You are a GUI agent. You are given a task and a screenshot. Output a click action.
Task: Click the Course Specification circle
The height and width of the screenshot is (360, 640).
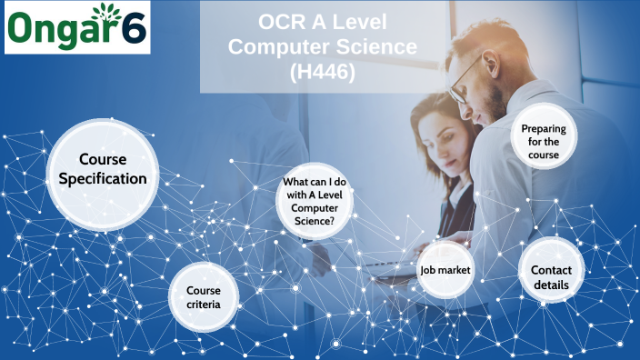point(102,169)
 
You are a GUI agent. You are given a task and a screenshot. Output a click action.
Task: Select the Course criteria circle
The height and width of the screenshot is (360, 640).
point(205,296)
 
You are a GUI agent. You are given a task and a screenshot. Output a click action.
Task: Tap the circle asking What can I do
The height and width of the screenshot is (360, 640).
point(314,201)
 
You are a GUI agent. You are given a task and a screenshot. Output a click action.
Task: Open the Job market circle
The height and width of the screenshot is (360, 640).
point(445,270)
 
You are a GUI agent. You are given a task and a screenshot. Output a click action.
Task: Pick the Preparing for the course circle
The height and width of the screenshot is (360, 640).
point(544,142)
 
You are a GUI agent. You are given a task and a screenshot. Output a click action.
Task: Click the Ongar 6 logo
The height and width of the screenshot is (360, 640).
point(76,28)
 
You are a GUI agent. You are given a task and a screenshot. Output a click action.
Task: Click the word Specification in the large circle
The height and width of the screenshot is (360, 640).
point(103,178)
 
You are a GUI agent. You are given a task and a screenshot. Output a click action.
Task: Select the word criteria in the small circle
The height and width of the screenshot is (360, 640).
point(204,304)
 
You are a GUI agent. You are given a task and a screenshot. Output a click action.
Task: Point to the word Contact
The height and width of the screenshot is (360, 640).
point(551,270)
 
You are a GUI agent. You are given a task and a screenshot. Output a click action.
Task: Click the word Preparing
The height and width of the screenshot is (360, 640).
point(544,129)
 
